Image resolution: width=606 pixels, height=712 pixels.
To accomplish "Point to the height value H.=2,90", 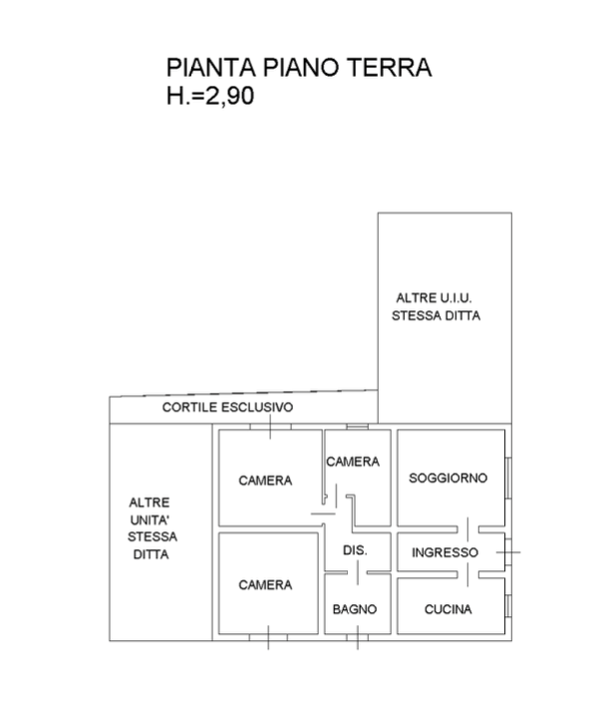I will pos(210,97).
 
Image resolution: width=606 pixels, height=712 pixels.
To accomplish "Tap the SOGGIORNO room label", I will pos(449,479).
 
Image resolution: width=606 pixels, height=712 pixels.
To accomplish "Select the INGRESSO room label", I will pos(446,551).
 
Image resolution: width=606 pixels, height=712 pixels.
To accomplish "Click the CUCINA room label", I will pos(448,608).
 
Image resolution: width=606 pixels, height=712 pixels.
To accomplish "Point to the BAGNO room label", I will pos(354,608).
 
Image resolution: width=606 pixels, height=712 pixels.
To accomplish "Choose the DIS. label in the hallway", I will pos(354,551).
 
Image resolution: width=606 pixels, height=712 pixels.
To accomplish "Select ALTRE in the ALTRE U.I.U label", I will pos(416,297).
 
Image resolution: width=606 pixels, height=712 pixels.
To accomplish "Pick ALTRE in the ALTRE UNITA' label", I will pos(151,503).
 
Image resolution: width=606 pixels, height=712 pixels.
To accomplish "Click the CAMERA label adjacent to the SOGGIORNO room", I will pos(353,462).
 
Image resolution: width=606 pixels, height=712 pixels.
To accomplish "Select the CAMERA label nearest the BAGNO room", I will pos(266,585).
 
